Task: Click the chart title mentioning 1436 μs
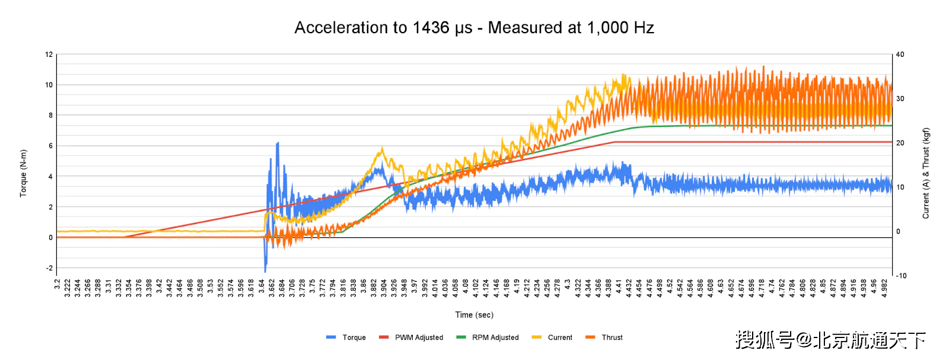(474, 28)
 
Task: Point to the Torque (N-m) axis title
(23, 173)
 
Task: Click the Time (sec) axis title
(474, 315)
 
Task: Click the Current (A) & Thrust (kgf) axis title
(926, 173)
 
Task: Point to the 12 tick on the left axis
(49, 55)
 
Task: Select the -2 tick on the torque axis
(49, 268)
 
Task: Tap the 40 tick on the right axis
(900, 55)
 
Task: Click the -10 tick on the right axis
(901, 276)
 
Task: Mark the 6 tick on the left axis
(50, 146)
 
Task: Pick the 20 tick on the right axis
(900, 143)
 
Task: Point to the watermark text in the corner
(830, 340)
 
